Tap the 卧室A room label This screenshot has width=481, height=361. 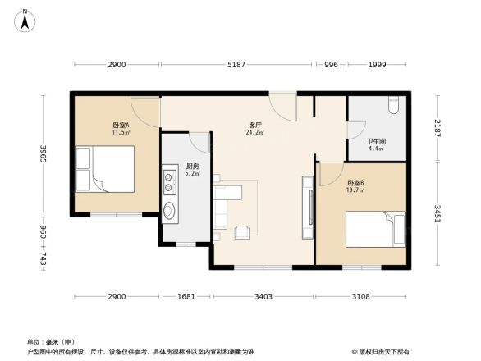(x=121, y=126)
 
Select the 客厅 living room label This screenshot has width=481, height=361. (x=254, y=125)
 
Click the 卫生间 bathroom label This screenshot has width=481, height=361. (x=376, y=142)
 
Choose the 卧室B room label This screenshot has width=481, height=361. (x=355, y=183)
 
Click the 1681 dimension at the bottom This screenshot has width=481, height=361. (x=186, y=296)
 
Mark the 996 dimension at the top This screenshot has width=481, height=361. (x=331, y=65)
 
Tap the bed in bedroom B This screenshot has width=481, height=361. (x=376, y=229)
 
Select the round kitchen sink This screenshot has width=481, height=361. (x=170, y=211)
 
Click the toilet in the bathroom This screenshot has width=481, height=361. (x=393, y=105)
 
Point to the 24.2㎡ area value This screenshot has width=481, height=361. (x=254, y=132)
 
